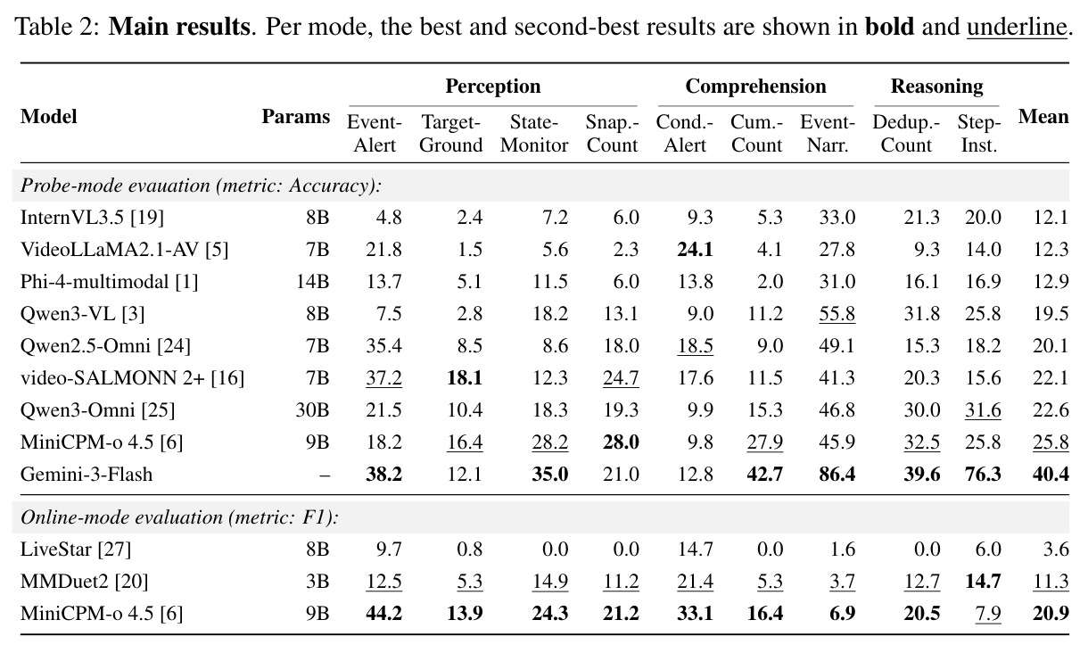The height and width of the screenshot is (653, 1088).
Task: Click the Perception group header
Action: pos(493,87)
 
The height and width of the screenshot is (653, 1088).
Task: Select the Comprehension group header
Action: pos(755,87)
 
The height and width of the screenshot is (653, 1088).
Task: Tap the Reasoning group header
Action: pos(937,87)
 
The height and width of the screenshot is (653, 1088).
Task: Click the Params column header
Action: pos(296,117)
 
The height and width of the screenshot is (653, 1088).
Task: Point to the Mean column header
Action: pos(1043,117)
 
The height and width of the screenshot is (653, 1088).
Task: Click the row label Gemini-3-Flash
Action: pos(87,475)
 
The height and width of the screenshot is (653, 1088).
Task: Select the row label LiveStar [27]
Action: pos(76,550)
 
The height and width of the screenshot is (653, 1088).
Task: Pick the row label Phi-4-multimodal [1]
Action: pos(110,282)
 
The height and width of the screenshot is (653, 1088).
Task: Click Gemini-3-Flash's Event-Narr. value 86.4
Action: pos(837,475)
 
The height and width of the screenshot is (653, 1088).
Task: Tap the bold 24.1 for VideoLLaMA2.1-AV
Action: pos(695,250)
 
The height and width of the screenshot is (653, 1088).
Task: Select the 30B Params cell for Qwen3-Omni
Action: pos(312,410)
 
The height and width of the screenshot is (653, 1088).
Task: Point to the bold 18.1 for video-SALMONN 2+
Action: pos(465,378)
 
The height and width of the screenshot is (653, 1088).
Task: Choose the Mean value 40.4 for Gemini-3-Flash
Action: pos(1051,475)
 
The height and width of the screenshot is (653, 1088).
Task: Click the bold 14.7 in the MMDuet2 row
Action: pos(983,582)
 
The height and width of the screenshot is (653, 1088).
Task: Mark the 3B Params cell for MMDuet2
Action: pos(317,582)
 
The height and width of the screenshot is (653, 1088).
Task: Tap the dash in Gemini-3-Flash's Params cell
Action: pos(325,475)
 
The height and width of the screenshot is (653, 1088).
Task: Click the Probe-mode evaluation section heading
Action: pos(201,186)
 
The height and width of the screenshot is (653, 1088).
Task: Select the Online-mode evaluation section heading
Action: pos(179,518)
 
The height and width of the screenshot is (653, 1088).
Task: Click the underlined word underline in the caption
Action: pos(1017,27)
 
